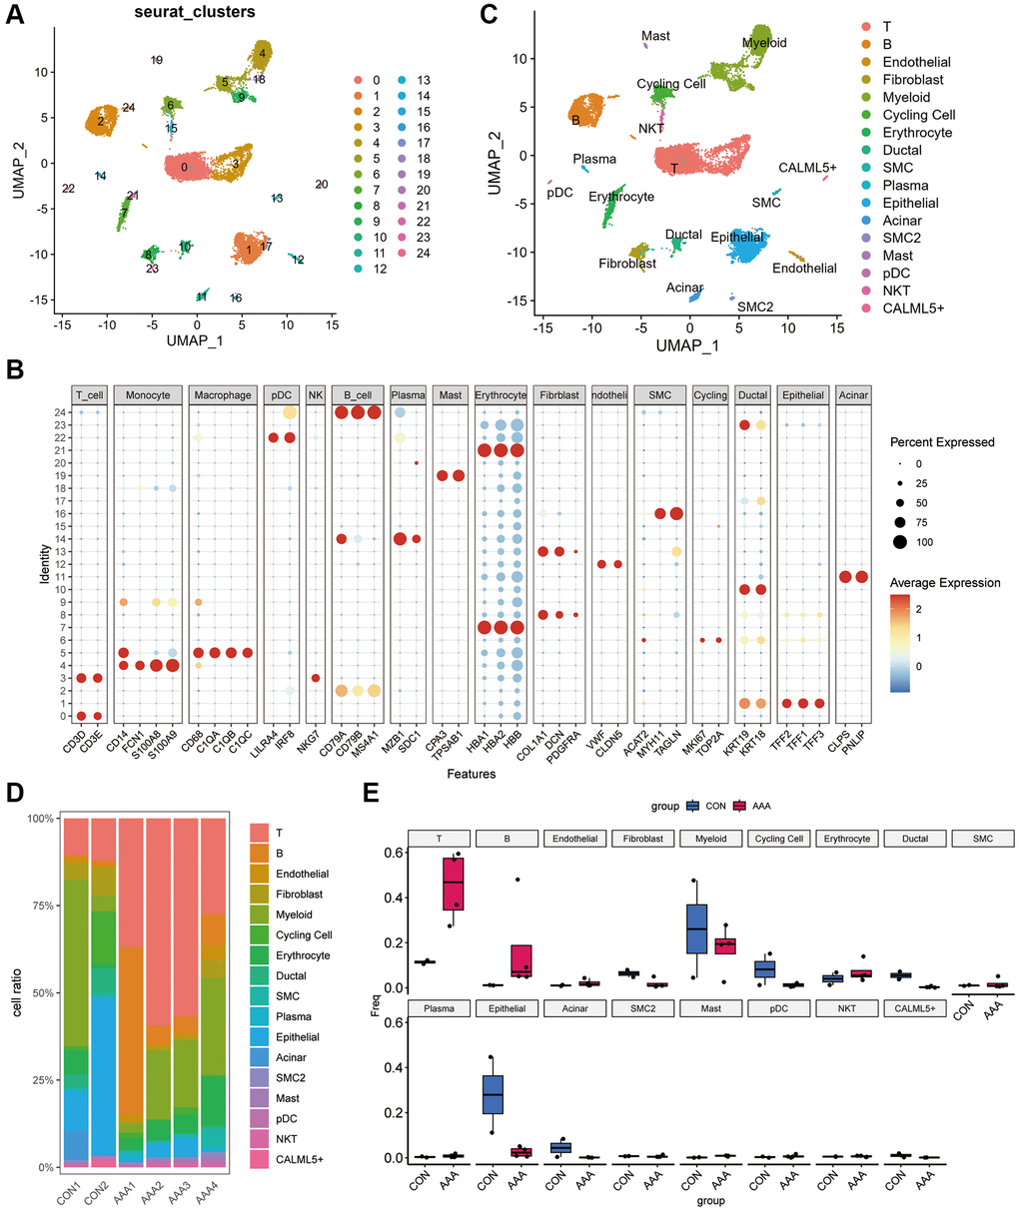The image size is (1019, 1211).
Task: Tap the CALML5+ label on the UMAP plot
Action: tap(807, 168)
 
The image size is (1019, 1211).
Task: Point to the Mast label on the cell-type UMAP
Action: tap(655, 36)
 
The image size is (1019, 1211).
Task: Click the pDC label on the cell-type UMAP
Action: tap(559, 193)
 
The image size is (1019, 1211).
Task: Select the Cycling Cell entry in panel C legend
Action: tap(918, 115)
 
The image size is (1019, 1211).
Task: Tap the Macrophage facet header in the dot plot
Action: tap(223, 395)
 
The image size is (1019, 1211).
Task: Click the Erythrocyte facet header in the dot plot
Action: tap(501, 395)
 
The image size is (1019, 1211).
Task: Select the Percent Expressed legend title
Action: tap(944, 442)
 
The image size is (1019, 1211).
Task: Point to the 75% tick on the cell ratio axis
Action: tap(47, 906)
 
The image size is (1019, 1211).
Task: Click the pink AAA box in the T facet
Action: tap(460, 883)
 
